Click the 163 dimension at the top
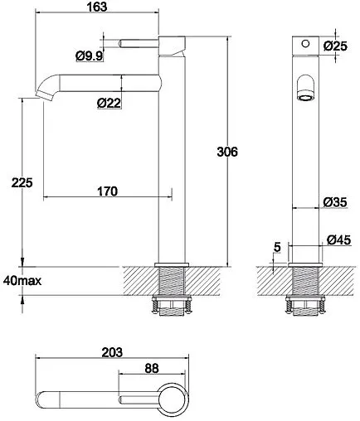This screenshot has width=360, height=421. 97,7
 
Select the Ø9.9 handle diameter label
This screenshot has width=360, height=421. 89,56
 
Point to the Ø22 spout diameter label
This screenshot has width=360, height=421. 109,103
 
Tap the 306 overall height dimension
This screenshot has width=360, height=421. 227,152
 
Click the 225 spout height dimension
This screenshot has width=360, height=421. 22,182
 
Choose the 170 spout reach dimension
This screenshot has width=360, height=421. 107,191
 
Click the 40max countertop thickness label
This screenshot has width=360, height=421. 22,281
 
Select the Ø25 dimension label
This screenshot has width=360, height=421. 335,46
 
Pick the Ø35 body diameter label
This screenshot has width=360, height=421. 335,202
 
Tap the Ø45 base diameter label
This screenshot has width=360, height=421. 338,240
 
